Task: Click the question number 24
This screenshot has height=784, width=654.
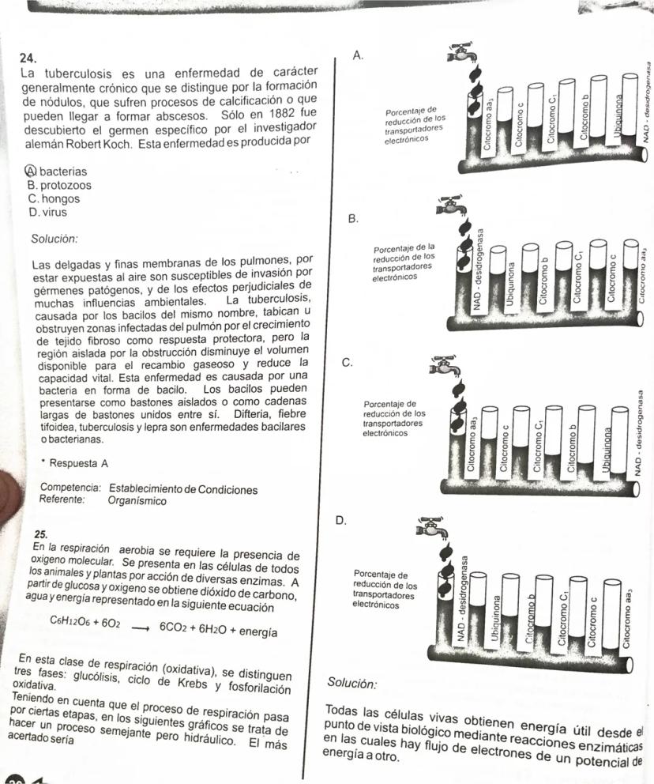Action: (28, 58)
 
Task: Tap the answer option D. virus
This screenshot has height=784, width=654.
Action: (47, 212)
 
